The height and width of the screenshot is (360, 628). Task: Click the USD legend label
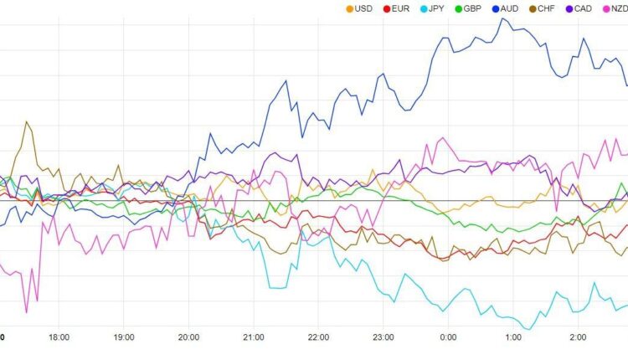click(x=363, y=8)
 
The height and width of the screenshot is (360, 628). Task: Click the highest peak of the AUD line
click(x=504, y=18)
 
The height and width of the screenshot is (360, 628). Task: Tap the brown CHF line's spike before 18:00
click(x=27, y=122)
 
